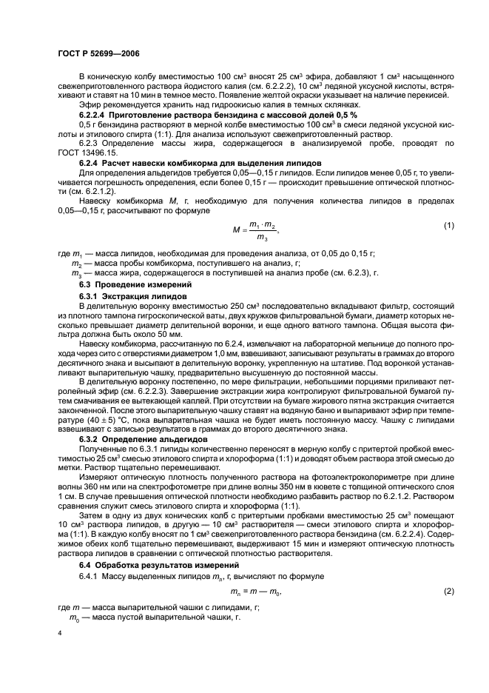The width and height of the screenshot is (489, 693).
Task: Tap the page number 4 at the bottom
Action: point(58,635)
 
